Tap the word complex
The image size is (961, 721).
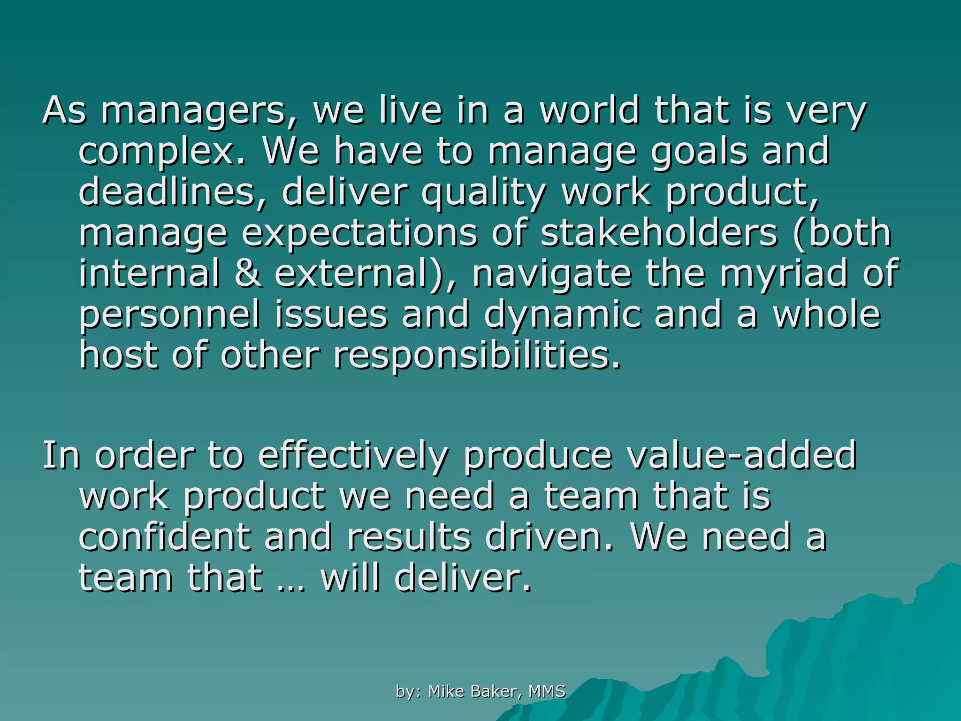pos(162,152)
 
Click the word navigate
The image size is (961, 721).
pos(551,275)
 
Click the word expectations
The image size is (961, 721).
pos(359,234)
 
